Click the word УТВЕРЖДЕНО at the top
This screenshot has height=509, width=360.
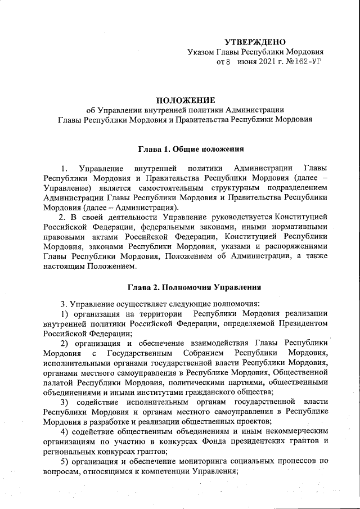tap(255, 42)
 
